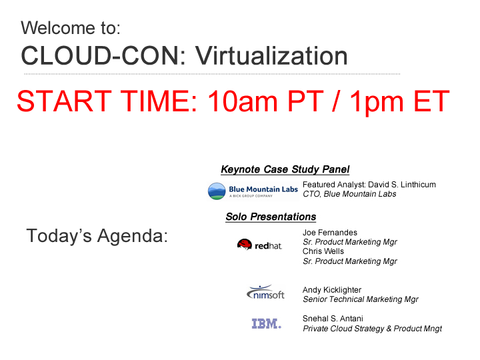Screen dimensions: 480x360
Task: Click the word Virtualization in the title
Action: tap(271, 56)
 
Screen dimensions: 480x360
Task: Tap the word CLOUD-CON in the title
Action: tap(100, 56)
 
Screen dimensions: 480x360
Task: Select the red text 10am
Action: tap(243, 101)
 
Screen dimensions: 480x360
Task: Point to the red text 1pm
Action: tap(377, 103)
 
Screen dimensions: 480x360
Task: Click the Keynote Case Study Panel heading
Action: tap(285, 169)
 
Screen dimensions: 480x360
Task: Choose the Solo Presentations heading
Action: tap(271, 217)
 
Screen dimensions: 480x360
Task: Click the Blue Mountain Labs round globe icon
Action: tap(217, 191)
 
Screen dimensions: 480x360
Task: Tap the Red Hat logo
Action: tap(259, 245)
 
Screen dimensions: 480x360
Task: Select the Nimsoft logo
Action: tap(265, 292)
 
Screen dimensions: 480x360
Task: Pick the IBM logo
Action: tap(266, 323)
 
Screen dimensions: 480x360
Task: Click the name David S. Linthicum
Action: tap(401, 185)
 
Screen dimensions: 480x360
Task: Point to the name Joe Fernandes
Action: tap(330, 233)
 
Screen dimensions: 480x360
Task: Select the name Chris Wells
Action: tap(323, 251)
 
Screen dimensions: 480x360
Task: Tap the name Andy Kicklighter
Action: tap(332, 290)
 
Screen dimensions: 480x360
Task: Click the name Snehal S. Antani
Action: tap(333, 319)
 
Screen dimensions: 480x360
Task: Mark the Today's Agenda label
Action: tap(97, 236)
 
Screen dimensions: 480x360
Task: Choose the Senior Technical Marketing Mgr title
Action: tap(360, 299)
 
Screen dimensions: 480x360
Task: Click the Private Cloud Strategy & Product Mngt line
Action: tap(372, 329)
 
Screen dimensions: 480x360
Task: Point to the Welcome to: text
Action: tap(71, 28)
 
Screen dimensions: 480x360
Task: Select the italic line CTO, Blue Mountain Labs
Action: tap(349, 194)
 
